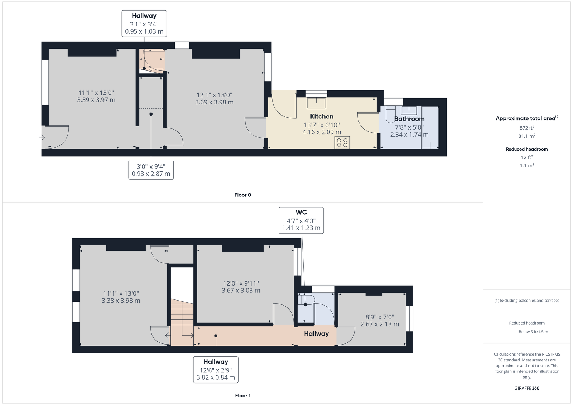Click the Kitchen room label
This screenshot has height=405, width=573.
(x=322, y=117)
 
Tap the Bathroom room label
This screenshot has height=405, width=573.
(x=409, y=119)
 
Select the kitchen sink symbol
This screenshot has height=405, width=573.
(x=317, y=103)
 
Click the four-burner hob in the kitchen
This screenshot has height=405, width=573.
(x=342, y=143)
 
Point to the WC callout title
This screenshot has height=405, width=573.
(x=301, y=212)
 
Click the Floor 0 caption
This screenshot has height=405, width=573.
(x=242, y=195)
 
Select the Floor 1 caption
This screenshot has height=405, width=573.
(x=242, y=396)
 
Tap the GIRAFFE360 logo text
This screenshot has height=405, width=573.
(x=527, y=388)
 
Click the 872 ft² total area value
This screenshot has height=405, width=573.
(x=527, y=128)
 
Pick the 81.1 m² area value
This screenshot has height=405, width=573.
(x=527, y=136)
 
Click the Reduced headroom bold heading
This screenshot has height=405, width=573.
(x=527, y=149)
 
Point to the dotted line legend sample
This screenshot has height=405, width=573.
(x=511, y=332)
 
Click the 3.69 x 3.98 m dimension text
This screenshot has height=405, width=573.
(x=215, y=102)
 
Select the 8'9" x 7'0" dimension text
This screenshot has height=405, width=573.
(x=380, y=317)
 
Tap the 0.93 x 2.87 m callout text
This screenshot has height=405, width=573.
(x=151, y=174)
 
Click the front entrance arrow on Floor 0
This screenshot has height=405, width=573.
(x=42, y=137)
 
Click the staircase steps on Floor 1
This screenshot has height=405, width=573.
(x=182, y=322)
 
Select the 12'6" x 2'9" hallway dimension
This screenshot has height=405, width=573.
(x=216, y=370)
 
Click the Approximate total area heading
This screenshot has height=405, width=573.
(x=527, y=118)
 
